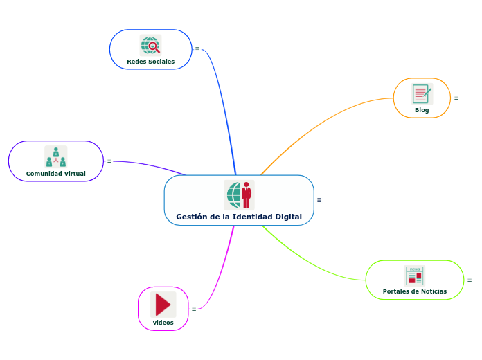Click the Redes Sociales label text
(x=150, y=62)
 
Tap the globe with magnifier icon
(x=150, y=46)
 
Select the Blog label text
(x=422, y=110)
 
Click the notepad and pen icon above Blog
(x=422, y=94)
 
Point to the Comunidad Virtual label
(x=55, y=173)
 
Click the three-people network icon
(x=55, y=156)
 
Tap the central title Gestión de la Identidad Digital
(x=239, y=217)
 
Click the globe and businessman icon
(x=239, y=195)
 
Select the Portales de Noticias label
(x=415, y=291)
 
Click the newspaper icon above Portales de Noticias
(x=415, y=276)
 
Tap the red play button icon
(x=163, y=305)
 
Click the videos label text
(x=163, y=323)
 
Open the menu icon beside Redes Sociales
(x=197, y=49)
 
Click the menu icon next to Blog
(x=456, y=98)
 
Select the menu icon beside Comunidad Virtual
(x=109, y=161)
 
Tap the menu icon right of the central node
(x=319, y=200)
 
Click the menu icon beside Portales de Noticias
(x=470, y=280)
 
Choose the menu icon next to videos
(x=194, y=309)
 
